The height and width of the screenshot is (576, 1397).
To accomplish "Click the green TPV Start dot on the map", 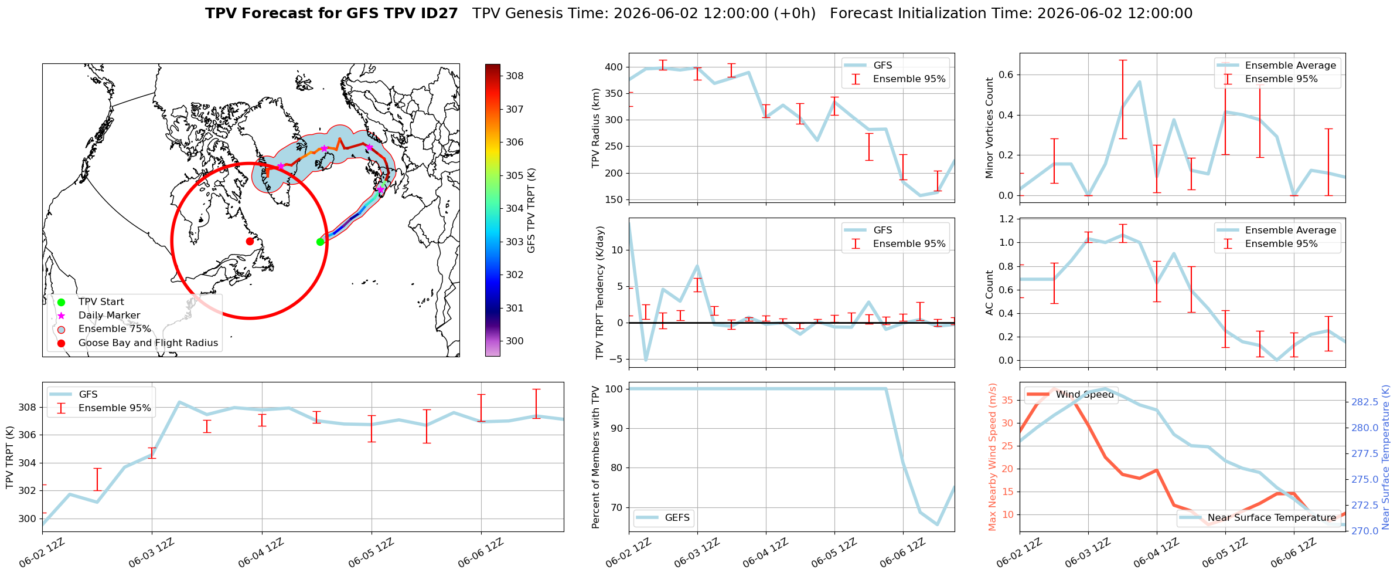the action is pos(320,242).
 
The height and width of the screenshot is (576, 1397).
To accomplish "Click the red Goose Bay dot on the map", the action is pos(250,241).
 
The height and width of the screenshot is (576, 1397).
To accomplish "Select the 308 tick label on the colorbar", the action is pos(515,76).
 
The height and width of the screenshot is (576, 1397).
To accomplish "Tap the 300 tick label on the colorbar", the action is pos(515,341).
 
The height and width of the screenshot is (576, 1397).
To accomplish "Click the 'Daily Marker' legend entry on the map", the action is pos(109,316).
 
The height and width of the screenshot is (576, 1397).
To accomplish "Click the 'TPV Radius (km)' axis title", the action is pos(597,128).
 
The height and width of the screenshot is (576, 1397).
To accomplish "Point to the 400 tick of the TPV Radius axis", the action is pos(615,67).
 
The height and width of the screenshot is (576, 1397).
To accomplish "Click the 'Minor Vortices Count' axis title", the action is pos(990,128).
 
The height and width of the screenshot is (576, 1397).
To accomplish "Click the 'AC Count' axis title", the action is pos(990,293).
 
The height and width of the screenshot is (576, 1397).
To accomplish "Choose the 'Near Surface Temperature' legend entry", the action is pos(1272,518).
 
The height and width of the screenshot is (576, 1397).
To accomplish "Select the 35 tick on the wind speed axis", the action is pos(1009,401).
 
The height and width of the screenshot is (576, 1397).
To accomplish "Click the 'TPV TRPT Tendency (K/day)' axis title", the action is pos(600,293).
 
